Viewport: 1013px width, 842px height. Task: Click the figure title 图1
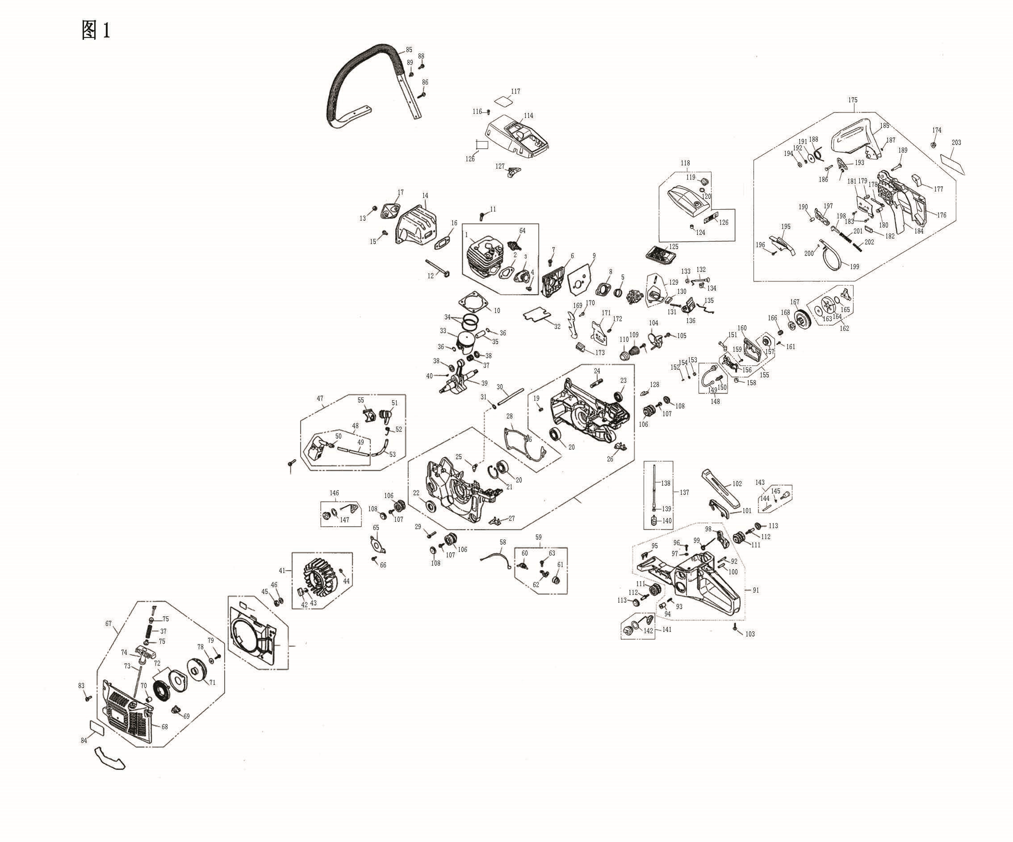(96, 30)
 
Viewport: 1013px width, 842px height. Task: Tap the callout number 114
(528, 115)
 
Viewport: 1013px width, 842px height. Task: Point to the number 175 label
(853, 100)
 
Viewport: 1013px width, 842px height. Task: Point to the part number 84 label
(84, 740)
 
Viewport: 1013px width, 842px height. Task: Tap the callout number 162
(844, 329)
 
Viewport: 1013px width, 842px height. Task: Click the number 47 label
(320, 398)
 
